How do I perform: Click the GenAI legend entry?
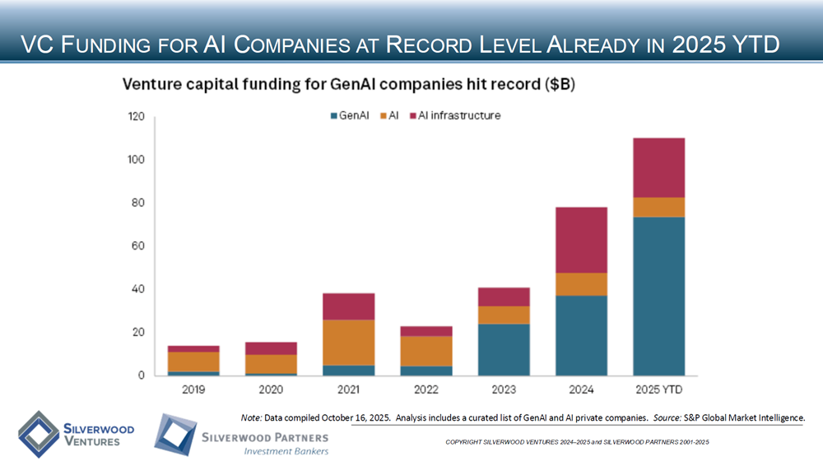click(x=351, y=116)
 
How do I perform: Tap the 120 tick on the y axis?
click(x=137, y=117)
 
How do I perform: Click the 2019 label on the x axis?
click(x=193, y=389)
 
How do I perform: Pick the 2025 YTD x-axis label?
click(x=658, y=389)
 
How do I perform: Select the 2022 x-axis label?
click(x=425, y=389)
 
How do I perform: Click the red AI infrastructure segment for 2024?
click(x=581, y=240)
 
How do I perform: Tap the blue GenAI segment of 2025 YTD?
click(x=658, y=296)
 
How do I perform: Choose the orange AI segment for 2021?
click(x=348, y=342)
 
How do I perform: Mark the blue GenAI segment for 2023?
click(x=504, y=349)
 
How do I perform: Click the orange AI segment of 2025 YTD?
click(x=658, y=207)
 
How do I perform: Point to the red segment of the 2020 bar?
click(x=271, y=348)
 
